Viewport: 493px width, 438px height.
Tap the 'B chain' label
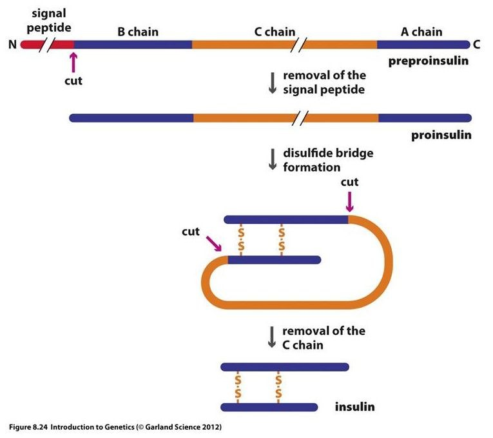tap(137, 31)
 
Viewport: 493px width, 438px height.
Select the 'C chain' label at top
tap(275, 31)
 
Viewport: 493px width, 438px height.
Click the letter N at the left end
tap(12, 45)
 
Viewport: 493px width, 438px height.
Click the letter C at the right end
tap(477, 45)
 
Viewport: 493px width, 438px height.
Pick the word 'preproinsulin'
tap(428, 62)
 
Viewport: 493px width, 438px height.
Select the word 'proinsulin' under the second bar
tap(441, 135)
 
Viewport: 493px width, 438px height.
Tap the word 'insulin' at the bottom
tap(354, 407)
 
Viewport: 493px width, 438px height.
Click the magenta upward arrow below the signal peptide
tap(73, 63)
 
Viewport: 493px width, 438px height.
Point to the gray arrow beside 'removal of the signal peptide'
tap(272, 83)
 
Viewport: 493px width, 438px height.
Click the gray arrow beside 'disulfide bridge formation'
tap(272, 159)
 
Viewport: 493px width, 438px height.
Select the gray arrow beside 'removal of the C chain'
tap(272, 337)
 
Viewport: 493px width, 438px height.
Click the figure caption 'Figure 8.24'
tap(28, 427)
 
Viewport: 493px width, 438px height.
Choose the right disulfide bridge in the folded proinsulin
tap(282, 239)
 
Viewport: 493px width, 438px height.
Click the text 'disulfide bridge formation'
tap(328, 160)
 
